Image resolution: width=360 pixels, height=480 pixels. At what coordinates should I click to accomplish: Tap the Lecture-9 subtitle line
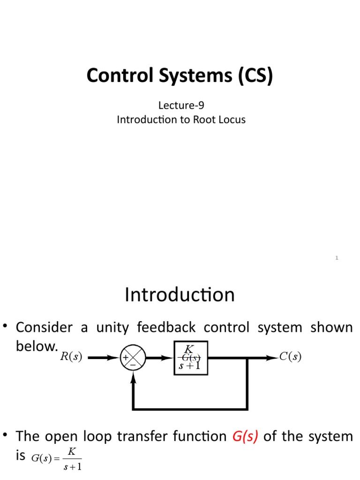click(181, 106)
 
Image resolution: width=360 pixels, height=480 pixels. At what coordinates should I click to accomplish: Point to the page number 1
click(337, 258)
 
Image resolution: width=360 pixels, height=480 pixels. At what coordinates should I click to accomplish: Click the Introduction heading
click(180, 295)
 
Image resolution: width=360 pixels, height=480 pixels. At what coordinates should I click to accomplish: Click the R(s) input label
click(71, 358)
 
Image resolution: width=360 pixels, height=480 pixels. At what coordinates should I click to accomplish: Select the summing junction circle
click(133, 358)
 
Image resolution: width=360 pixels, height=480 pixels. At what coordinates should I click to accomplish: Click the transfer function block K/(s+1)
click(191, 358)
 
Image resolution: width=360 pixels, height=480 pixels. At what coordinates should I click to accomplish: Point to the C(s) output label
click(290, 357)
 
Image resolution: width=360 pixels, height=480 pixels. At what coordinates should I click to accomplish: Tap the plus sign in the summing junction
click(127, 358)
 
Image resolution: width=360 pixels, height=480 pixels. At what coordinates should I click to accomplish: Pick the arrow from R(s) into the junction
click(104, 358)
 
